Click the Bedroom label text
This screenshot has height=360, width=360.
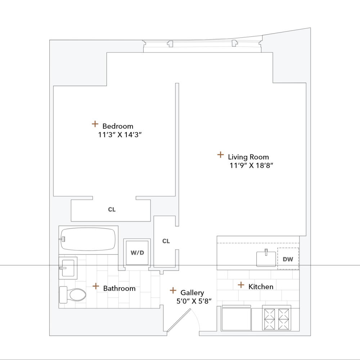[x=118, y=126]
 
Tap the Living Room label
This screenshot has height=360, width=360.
[x=248, y=157]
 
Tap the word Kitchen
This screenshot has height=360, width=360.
[x=261, y=287]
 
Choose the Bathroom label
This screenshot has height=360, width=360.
[x=119, y=288]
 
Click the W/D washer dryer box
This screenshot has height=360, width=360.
[x=137, y=252]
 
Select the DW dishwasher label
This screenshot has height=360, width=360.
[x=288, y=259]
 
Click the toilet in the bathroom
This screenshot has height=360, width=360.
[x=74, y=295]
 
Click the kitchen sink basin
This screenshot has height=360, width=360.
[x=266, y=259]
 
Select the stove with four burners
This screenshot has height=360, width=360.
[x=276, y=318]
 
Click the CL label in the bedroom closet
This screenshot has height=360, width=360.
[x=112, y=210]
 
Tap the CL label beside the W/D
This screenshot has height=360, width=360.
[x=166, y=241]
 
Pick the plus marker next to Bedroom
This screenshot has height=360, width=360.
[x=95, y=124]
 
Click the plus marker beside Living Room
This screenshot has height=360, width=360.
[x=220, y=155]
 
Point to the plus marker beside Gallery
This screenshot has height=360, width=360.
[x=173, y=290]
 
